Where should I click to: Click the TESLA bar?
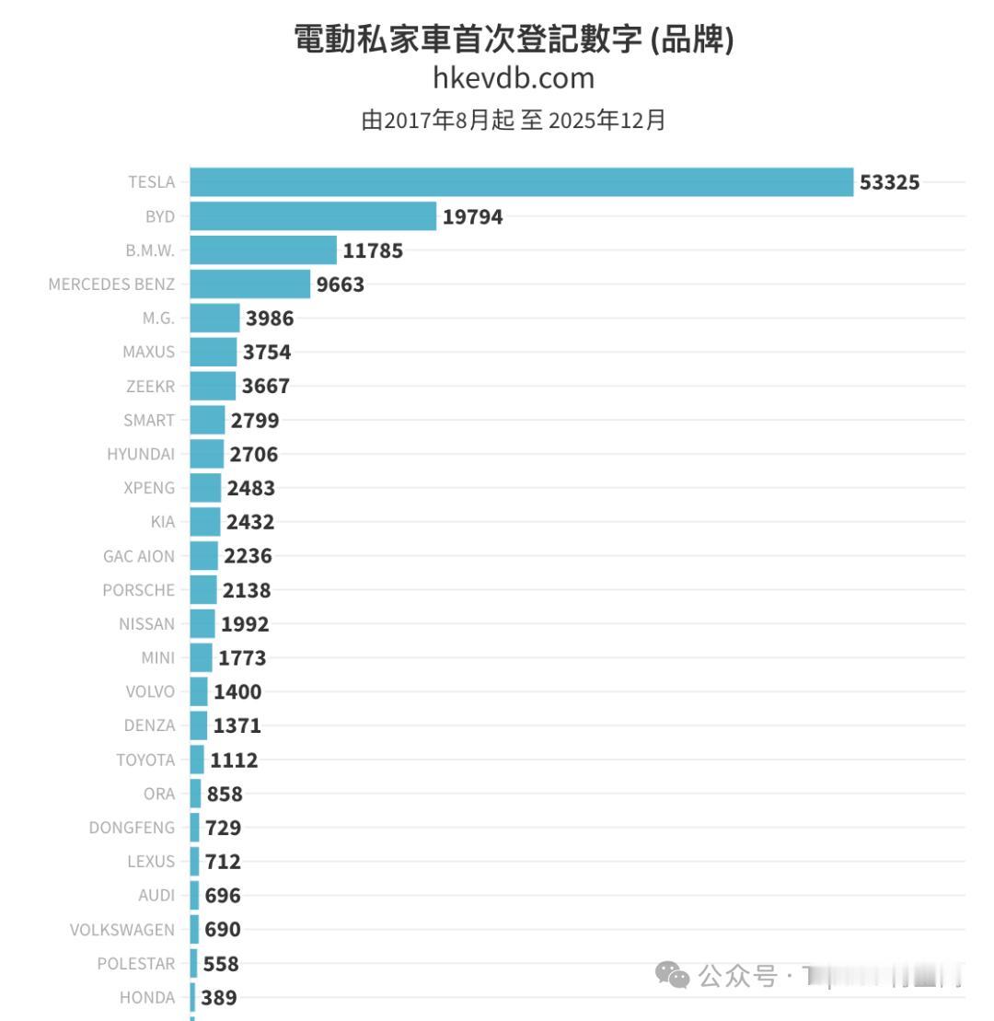coord(521,182)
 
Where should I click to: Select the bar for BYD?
coord(313,216)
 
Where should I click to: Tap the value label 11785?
coord(373,250)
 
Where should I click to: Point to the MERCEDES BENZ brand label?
coord(111,284)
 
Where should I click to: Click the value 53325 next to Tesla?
coord(889,182)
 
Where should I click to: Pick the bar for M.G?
coord(214,319)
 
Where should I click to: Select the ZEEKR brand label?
coord(149,387)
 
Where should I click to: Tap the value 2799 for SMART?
coord(255,421)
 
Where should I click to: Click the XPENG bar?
coord(205,488)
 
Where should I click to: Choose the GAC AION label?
coord(139,556)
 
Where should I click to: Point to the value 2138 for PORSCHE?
coord(247,590)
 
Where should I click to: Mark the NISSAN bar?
coord(202,623)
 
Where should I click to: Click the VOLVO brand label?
coord(150,691)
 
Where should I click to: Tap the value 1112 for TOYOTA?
coord(234,760)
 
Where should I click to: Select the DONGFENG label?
coord(132,828)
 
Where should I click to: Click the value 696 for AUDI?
coord(223,895)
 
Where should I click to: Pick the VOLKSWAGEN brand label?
coord(122,929)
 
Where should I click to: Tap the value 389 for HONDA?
coord(219,997)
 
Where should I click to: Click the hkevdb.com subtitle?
coord(514,79)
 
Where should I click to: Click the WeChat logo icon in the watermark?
coord(672,975)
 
